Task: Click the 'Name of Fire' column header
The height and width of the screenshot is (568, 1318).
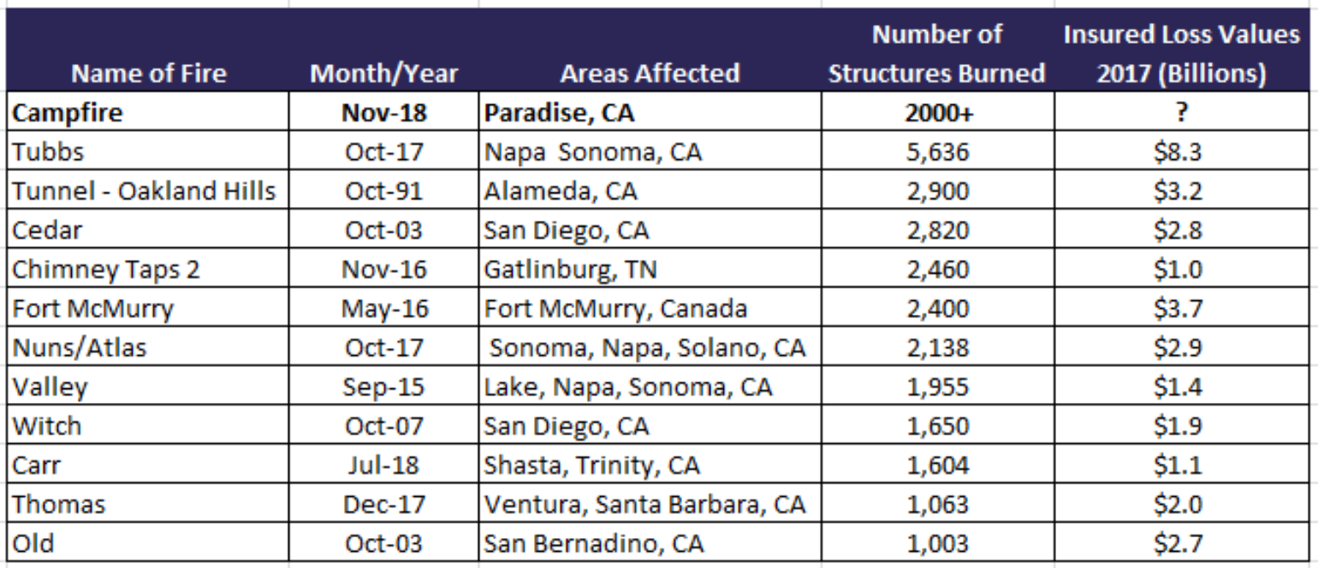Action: click(149, 74)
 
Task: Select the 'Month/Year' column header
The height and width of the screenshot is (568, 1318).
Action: click(383, 74)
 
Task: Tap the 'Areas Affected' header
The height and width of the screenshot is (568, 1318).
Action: click(650, 74)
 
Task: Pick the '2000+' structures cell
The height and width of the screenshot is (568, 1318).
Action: click(938, 113)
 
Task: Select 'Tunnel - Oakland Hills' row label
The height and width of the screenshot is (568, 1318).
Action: click(144, 191)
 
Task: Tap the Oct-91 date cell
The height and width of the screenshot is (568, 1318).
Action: click(383, 191)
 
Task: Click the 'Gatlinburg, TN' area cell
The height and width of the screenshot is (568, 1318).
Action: click(571, 269)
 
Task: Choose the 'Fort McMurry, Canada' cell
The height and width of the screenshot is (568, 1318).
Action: click(615, 308)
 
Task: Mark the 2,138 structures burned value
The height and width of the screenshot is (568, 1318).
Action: click(938, 347)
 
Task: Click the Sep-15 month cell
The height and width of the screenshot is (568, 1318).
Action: click(383, 387)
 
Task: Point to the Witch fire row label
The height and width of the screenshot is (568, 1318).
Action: click(47, 425)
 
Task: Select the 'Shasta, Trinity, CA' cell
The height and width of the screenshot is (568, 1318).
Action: click(591, 464)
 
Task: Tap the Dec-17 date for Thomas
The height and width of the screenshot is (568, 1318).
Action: click(383, 504)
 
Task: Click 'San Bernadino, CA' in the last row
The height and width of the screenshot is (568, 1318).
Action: click(594, 543)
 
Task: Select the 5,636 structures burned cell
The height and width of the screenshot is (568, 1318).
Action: click(938, 152)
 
